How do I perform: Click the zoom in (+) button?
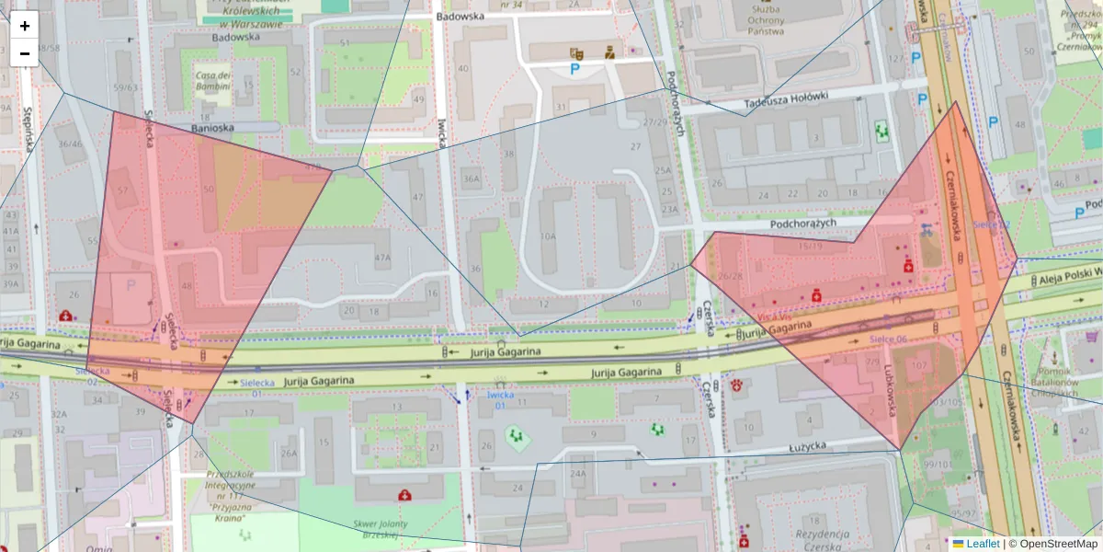click(25, 26)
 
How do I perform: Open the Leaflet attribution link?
click(982, 544)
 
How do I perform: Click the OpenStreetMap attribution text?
click(1058, 544)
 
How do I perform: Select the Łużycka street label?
click(784, 445)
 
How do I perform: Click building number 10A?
click(548, 236)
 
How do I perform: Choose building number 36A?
click(472, 178)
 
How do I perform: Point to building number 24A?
click(577, 474)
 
